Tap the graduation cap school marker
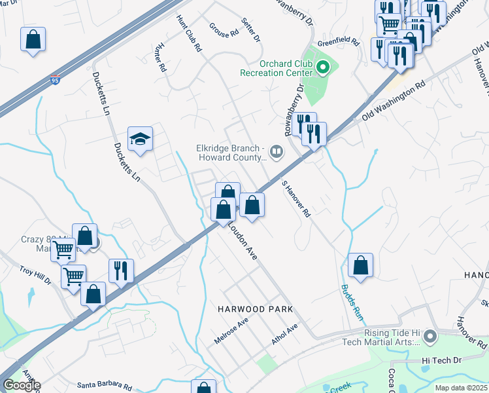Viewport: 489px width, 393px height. [x=140, y=140]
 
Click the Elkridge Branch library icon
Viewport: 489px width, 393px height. [x=277, y=153]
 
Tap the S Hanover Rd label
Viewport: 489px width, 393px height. [x=295, y=200]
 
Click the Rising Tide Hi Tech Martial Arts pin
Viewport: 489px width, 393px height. [x=430, y=337]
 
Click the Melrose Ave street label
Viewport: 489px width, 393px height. [x=231, y=332]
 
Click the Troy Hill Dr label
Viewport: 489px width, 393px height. [x=35, y=275]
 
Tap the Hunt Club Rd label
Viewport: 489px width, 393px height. [x=188, y=35]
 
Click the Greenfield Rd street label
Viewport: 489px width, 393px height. [x=339, y=43]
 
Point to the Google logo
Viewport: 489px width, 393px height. [x=22, y=385]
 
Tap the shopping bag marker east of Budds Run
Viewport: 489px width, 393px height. [x=360, y=265]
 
